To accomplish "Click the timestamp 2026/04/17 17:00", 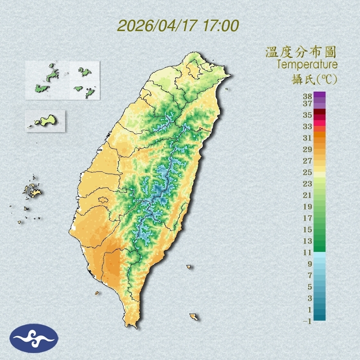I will [x=178, y=26].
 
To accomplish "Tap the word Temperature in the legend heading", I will [x=307, y=64].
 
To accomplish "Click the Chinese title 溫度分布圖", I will [x=301, y=52].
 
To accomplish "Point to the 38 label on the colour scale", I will [x=308, y=97].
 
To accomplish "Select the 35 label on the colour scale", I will [x=308, y=115].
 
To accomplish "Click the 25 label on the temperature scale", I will [x=308, y=172].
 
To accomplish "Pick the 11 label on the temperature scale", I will [x=308, y=252].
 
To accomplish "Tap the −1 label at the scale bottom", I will [x=307, y=322].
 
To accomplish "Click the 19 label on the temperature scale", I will [x=308, y=207].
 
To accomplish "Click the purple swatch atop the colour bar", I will [x=319, y=94].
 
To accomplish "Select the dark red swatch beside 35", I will [x=319, y=112].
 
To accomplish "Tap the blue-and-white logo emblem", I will [x=34, y=338].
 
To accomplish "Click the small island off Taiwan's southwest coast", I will [x=97, y=292].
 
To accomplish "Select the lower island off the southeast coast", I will [x=194, y=316].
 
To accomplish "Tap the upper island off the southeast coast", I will [x=189, y=267].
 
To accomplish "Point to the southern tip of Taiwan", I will [x=132, y=326].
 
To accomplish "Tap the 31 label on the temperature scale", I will [x=308, y=138].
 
